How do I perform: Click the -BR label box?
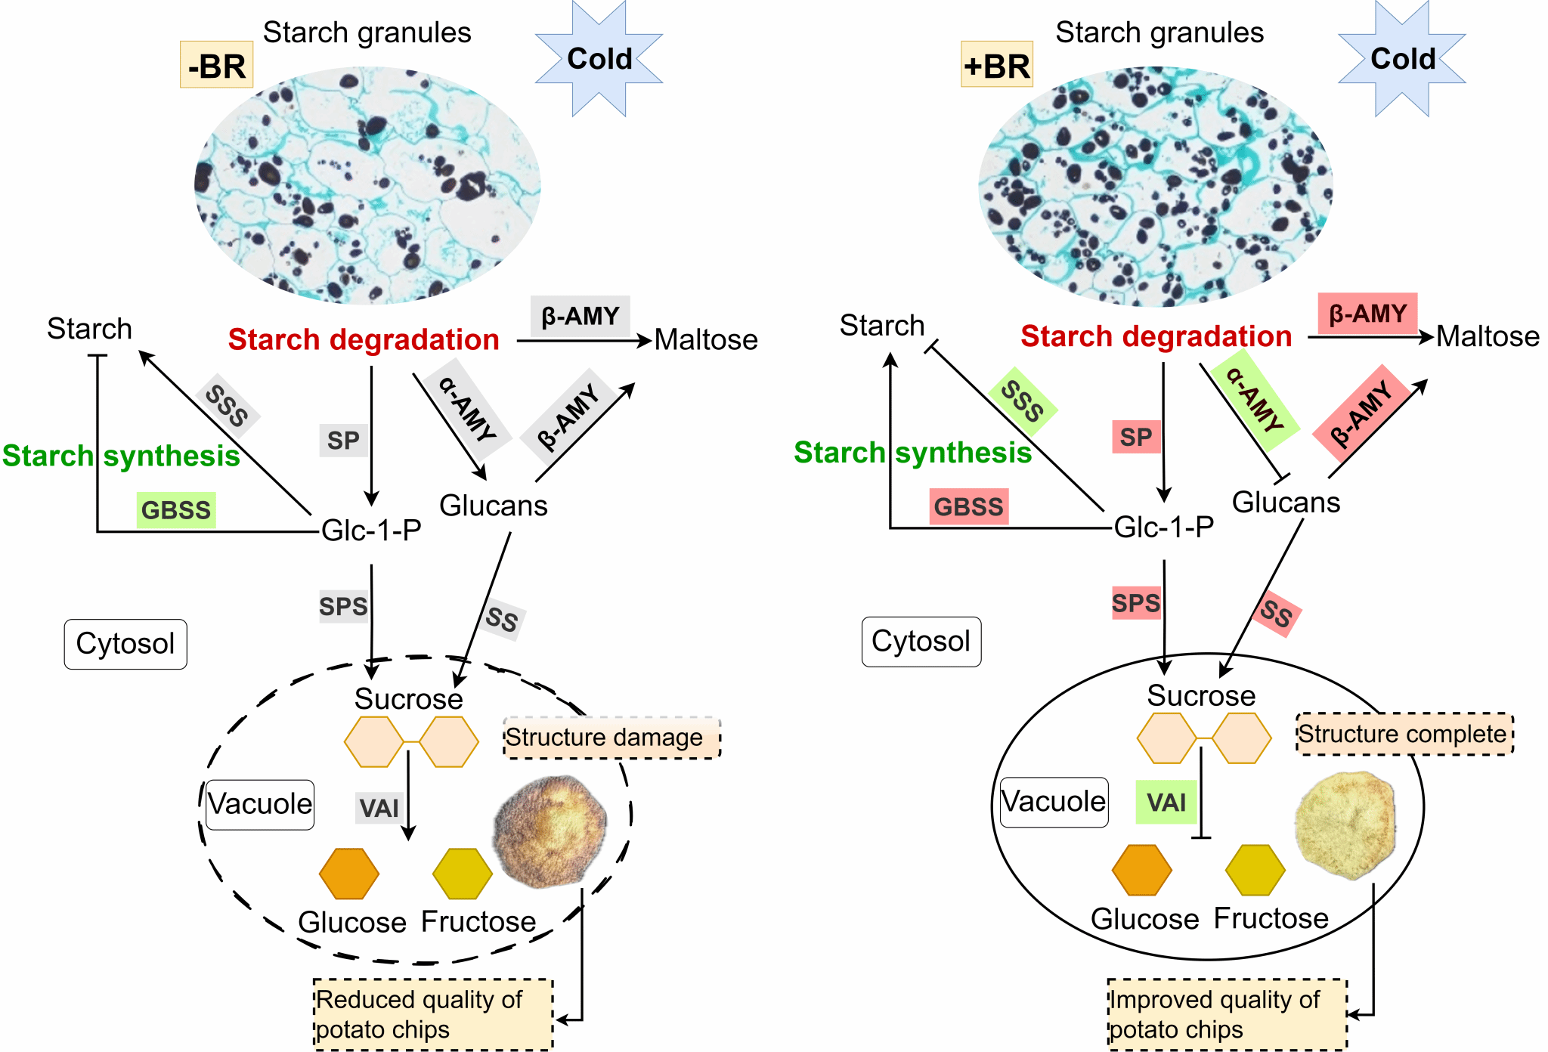[x=216, y=65]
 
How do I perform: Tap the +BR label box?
[x=996, y=65]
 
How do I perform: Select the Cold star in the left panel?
[x=599, y=59]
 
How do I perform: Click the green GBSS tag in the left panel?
[x=176, y=510]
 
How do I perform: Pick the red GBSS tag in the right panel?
[x=968, y=506]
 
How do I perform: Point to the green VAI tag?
[x=1166, y=802]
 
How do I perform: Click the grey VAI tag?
[x=379, y=808]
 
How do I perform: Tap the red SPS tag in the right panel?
[x=1135, y=603]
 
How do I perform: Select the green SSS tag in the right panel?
[x=1022, y=401]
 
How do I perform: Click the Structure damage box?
[x=611, y=738]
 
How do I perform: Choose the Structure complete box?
[x=1404, y=734]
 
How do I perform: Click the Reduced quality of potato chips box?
[x=433, y=1014]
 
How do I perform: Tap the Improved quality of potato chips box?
[x=1227, y=1014]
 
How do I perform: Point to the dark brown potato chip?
[x=550, y=830]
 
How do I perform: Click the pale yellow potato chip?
[x=1345, y=825]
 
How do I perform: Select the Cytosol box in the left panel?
[x=125, y=644]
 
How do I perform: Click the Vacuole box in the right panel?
[x=1054, y=802]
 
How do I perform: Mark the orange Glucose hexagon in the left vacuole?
[x=348, y=874]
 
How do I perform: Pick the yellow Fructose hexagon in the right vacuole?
[x=1255, y=870]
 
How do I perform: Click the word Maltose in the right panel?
[x=1488, y=336]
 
